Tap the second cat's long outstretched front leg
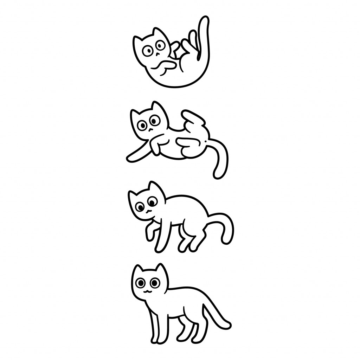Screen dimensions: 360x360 [137, 155]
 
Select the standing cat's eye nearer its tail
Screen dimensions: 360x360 [154, 282]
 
